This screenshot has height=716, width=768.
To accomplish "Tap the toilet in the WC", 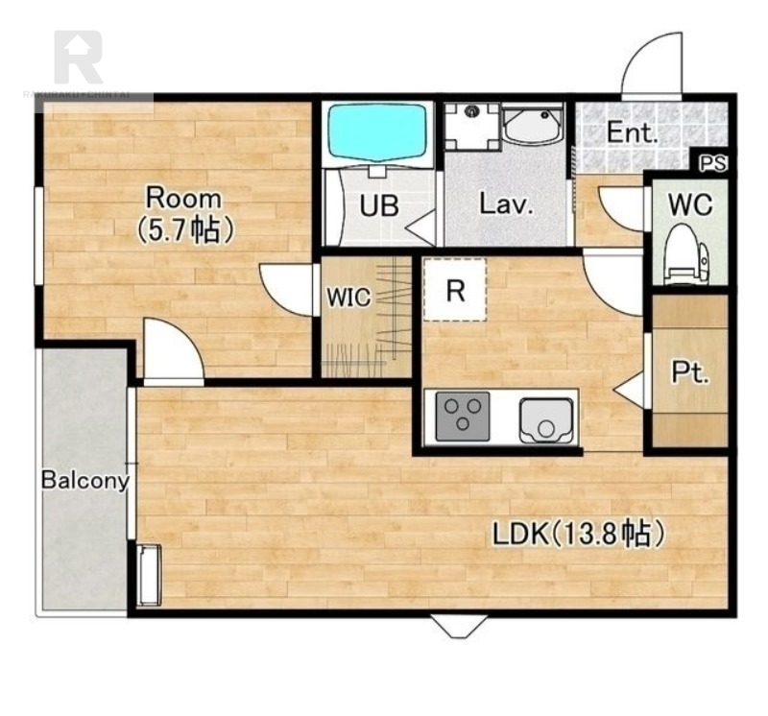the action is click(686, 254).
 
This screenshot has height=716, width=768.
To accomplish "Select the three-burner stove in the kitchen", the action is click(463, 417).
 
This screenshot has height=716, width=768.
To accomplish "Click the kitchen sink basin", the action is click(545, 420).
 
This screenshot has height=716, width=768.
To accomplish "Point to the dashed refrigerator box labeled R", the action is click(455, 290).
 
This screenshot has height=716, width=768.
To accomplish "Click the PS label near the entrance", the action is click(712, 163).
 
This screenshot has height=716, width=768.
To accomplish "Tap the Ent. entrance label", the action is click(632, 132).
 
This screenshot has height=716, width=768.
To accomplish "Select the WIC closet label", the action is click(348, 297).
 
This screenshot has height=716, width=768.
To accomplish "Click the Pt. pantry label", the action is click(689, 373).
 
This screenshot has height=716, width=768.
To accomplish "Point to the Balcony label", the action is click(85, 481).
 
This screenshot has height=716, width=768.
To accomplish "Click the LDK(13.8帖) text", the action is click(578, 534).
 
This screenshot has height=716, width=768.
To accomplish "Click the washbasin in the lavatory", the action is click(533, 124).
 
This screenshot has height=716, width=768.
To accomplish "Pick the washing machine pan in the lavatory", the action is click(472, 126).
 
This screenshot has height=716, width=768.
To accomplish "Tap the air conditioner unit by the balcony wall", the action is click(149, 575).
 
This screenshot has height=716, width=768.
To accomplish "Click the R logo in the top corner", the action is click(79, 58).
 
